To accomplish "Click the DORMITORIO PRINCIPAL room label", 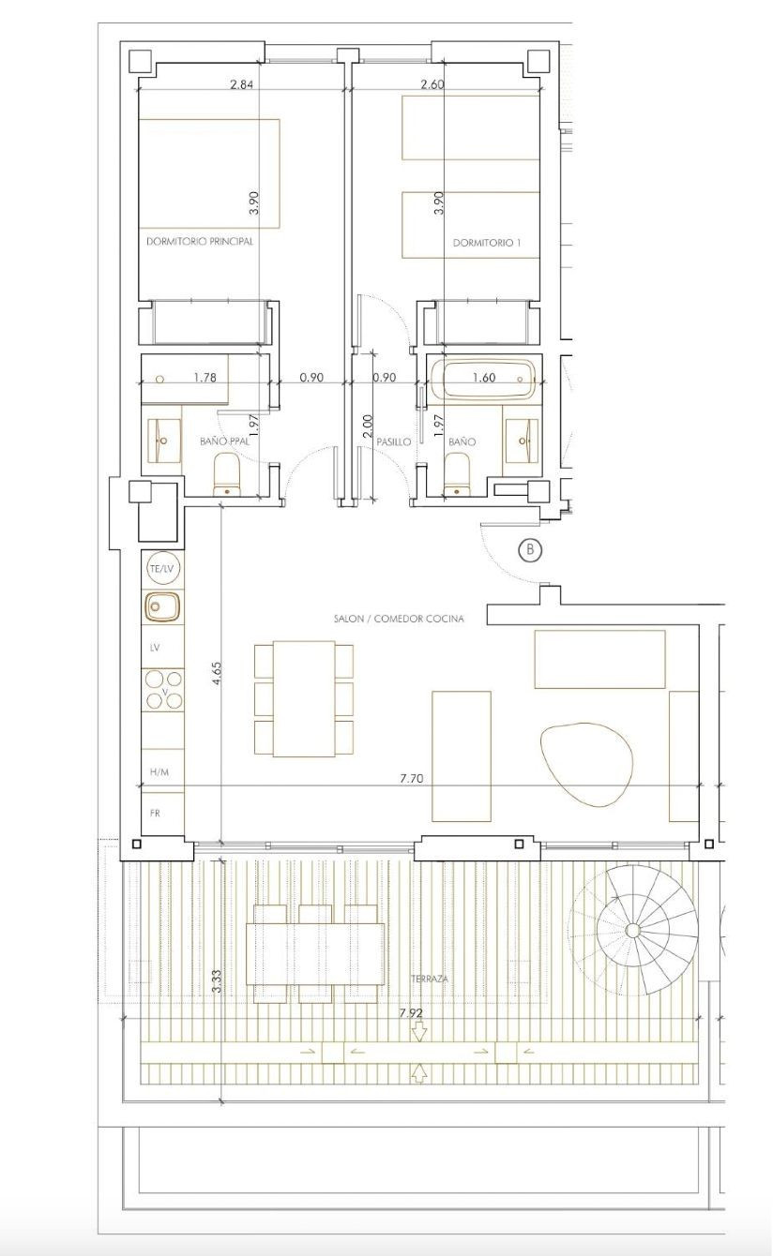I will click(200, 241).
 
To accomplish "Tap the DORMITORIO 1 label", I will click(487, 242).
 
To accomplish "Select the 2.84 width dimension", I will click(241, 83).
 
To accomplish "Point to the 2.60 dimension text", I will click(432, 83).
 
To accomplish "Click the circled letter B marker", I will click(530, 549).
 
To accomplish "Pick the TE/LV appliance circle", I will click(161, 569).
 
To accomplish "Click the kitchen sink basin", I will click(161, 607).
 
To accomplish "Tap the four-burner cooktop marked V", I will click(163, 691).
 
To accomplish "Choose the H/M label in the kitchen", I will click(159, 771).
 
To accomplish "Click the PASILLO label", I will click(394, 441).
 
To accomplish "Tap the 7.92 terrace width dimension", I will click(410, 1013).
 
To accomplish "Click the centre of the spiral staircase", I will click(632, 930).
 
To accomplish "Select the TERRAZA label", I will click(429, 979).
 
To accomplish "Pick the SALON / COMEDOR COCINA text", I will click(399, 619).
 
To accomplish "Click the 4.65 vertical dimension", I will click(217, 675).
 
